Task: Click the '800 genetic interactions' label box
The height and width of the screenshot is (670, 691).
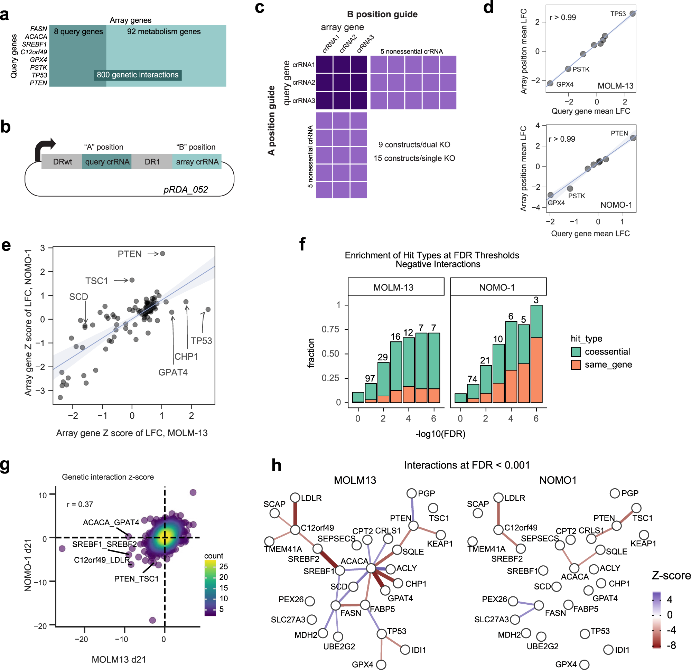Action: coord(138,75)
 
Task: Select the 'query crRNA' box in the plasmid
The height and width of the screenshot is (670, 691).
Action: coord(107,162)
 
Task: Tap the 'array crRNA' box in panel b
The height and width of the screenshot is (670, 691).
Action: coord(197,162)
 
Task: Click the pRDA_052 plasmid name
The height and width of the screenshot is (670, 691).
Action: coord(185,190)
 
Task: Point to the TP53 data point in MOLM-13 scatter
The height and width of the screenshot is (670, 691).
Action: coord(633,13)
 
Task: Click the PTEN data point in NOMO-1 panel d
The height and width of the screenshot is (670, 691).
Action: coord(633,138)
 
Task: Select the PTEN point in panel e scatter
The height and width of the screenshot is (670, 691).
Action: coord(162,253)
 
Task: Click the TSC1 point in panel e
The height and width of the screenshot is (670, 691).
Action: coord(132,280)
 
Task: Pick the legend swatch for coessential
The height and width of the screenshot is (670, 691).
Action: coord(576,352)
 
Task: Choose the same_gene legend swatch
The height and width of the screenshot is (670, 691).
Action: coord(576,365)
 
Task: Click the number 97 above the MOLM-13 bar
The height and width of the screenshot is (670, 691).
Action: coord(370,378)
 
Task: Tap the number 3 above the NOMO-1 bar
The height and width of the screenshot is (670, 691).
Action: coord(536,300)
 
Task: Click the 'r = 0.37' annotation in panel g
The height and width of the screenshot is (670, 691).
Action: coord(80,504)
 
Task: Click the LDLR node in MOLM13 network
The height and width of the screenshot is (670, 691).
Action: coord(295,498)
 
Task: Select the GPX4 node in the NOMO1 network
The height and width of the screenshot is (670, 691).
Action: coord(584,665)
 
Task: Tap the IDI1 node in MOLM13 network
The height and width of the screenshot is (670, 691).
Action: coord(405,650)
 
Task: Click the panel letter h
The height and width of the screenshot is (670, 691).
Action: coord(276,465)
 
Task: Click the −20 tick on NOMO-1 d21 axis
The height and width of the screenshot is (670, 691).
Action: coord(40,626)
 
